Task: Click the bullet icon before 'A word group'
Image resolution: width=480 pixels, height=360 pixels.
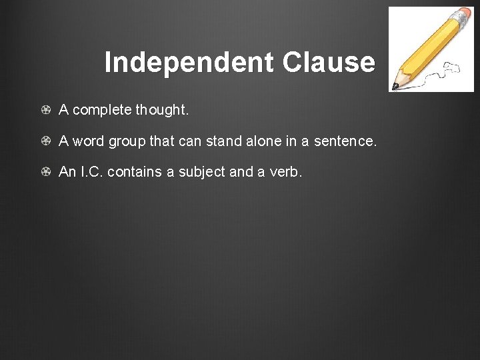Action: (45, 141)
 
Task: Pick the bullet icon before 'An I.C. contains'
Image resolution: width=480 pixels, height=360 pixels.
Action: (45, 172)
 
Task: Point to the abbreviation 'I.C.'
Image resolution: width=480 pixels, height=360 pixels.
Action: (91, 172)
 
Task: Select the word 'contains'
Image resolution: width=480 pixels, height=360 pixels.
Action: (135, 172)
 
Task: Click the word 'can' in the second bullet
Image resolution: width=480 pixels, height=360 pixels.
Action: (189, 141)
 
